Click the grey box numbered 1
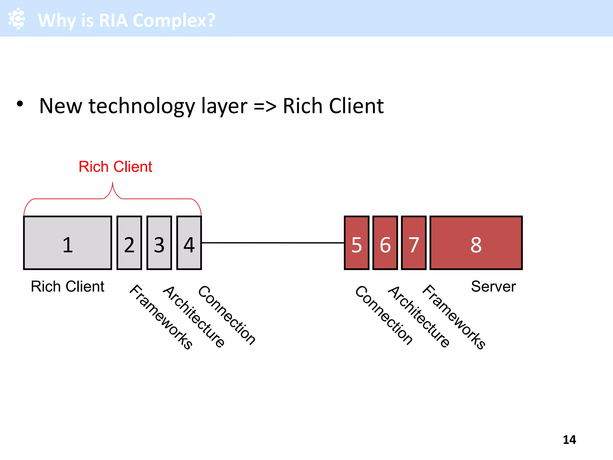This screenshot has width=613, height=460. (68, 243)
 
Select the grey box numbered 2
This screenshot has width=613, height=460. (129, 243)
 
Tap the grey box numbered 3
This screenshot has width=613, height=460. (159, 243)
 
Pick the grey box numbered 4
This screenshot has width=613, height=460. (189, 243)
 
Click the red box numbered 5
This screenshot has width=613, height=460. (356, 243)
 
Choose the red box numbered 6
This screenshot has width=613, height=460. (385, 243)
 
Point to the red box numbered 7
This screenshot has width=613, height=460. (414, 243)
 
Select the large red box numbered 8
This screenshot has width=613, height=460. (476, 243)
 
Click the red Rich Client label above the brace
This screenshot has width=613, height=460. (115, 167)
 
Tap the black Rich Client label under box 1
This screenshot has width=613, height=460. (68, 287)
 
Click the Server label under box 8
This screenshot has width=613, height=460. (493, 287)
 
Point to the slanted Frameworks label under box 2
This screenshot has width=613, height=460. (161, 317)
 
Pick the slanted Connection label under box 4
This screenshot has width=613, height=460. (227, 315)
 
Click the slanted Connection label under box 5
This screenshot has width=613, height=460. (384, 315)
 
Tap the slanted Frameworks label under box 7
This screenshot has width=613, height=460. (454, 317)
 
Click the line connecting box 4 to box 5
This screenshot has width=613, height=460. (272, 243)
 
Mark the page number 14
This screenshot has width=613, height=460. (569, 440)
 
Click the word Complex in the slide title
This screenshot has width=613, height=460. (174, 20)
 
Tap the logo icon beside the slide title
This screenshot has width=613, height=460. (17, 19)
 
